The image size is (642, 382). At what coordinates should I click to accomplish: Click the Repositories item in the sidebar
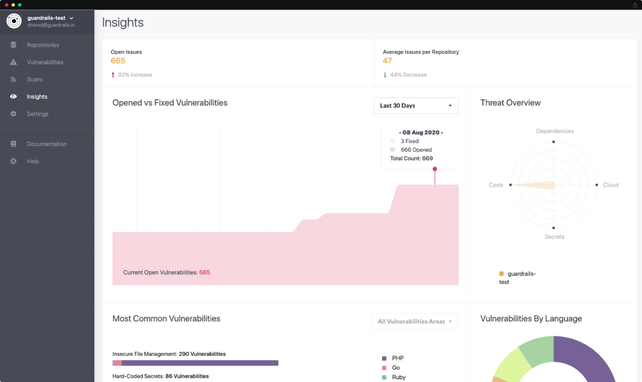click(42, 45)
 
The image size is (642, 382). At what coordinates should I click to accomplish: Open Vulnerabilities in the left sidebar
click(44, 62)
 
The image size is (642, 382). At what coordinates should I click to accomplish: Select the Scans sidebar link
click(35, 79)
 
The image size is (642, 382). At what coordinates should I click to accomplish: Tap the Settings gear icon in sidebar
click(14, 114)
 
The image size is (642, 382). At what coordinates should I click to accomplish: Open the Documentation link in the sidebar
click(46, 144)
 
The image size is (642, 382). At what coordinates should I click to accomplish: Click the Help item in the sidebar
click(32, 161)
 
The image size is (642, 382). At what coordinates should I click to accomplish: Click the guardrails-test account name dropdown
click(50, 18)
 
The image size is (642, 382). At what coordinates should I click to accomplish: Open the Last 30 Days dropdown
click(415, 105)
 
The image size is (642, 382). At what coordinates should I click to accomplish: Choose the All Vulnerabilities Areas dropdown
click(414, 321)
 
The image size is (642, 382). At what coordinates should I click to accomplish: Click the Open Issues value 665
click(118, 61)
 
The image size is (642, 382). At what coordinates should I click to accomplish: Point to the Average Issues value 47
click(387, 61)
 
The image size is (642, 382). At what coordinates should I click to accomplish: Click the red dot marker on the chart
click(435, 169)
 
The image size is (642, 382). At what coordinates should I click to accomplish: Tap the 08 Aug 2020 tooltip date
click(420, 132)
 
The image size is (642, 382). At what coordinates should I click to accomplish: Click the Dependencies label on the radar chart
click(555, 131)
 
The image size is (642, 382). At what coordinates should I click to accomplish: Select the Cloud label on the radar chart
click(610, 185)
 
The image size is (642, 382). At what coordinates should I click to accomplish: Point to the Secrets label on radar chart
click(554, 237)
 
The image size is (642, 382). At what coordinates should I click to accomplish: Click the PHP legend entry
click(397, 358)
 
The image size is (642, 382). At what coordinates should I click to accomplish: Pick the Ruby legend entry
click(398, 377)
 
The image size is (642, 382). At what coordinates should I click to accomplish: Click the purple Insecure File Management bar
click(200, 363)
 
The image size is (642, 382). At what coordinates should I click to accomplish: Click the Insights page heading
click(123, 22)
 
